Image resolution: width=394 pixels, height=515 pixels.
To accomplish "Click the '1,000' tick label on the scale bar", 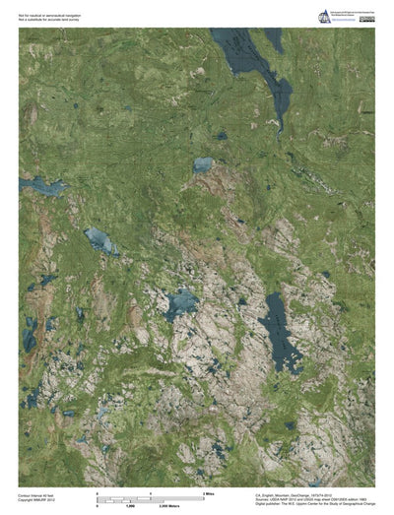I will pyautogui.click(x=128, y=503).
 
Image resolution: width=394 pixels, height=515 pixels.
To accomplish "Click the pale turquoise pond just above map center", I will pyautogui.click(x=204, y=164).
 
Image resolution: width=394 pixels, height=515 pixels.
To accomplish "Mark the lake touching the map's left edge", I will pyautogui.click(x=39, y=185).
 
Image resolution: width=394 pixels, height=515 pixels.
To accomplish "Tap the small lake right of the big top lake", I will pyautogui.click(x=273, y=39).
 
